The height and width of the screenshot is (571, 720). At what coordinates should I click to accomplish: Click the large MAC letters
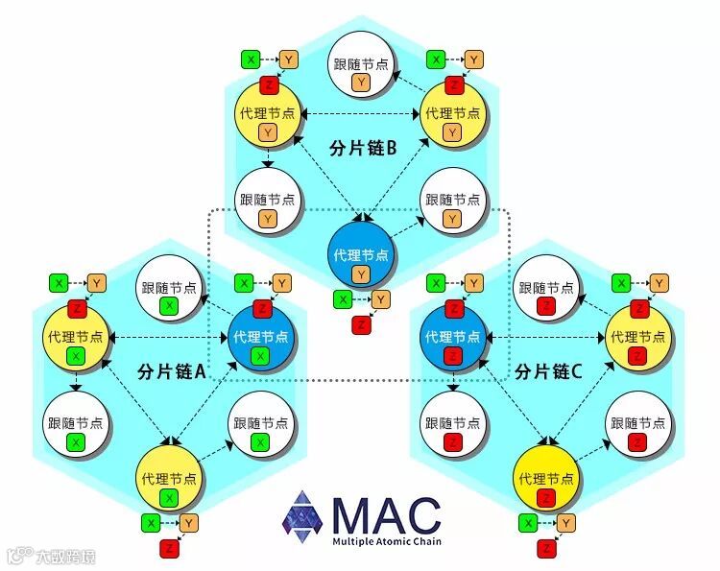click(385, 515)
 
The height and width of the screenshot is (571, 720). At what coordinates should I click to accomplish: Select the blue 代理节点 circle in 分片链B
click(360, 253)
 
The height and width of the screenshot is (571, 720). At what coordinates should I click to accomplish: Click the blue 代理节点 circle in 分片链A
click(259, 338)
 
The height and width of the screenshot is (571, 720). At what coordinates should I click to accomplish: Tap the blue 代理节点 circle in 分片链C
click(454, 338)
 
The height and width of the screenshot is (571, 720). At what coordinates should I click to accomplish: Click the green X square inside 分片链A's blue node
click(259, 356)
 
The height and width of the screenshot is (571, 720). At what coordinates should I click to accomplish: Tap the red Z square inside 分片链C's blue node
click(454, 356)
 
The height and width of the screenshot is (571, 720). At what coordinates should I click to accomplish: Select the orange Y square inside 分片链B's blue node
click(360, 275)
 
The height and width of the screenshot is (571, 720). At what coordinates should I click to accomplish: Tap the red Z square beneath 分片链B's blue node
click(361, 324)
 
